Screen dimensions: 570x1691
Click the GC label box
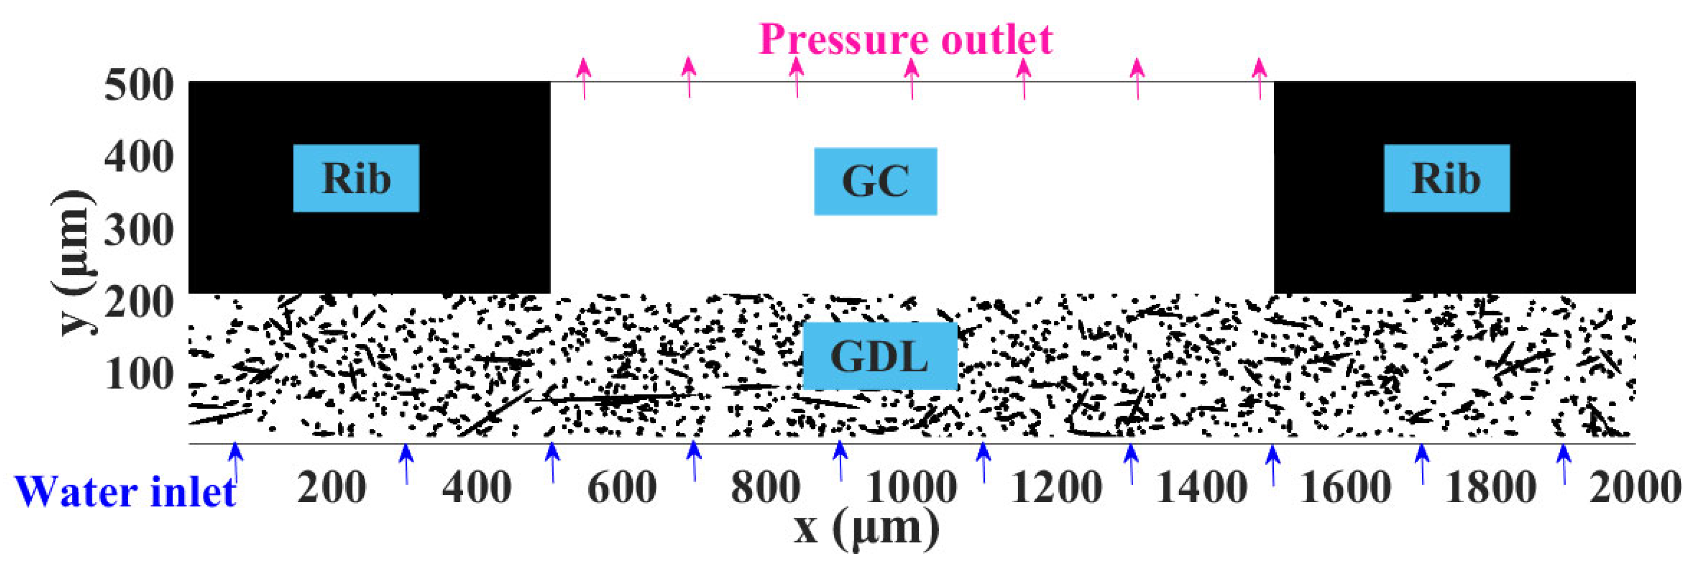[x=875, y=182]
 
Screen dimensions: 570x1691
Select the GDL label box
[x=880, y=356]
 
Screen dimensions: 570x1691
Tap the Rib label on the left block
[x=356, y=178]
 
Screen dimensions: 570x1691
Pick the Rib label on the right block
[x=1446, y=178]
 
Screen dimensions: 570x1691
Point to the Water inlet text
[x=125, y=492]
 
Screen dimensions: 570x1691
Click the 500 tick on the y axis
[x=139, y=86]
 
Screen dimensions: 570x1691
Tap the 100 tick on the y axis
[x=139, y=375]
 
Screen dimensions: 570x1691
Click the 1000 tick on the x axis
[x=911, y=488]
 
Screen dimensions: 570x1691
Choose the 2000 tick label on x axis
[x=1635, y=488]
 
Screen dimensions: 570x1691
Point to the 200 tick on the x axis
[x=332, y=488]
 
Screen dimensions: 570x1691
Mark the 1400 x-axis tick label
[x=1201, y=488]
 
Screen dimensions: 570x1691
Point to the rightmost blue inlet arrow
[x=1564, y=463]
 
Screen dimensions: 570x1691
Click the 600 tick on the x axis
[x=622, y=488]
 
